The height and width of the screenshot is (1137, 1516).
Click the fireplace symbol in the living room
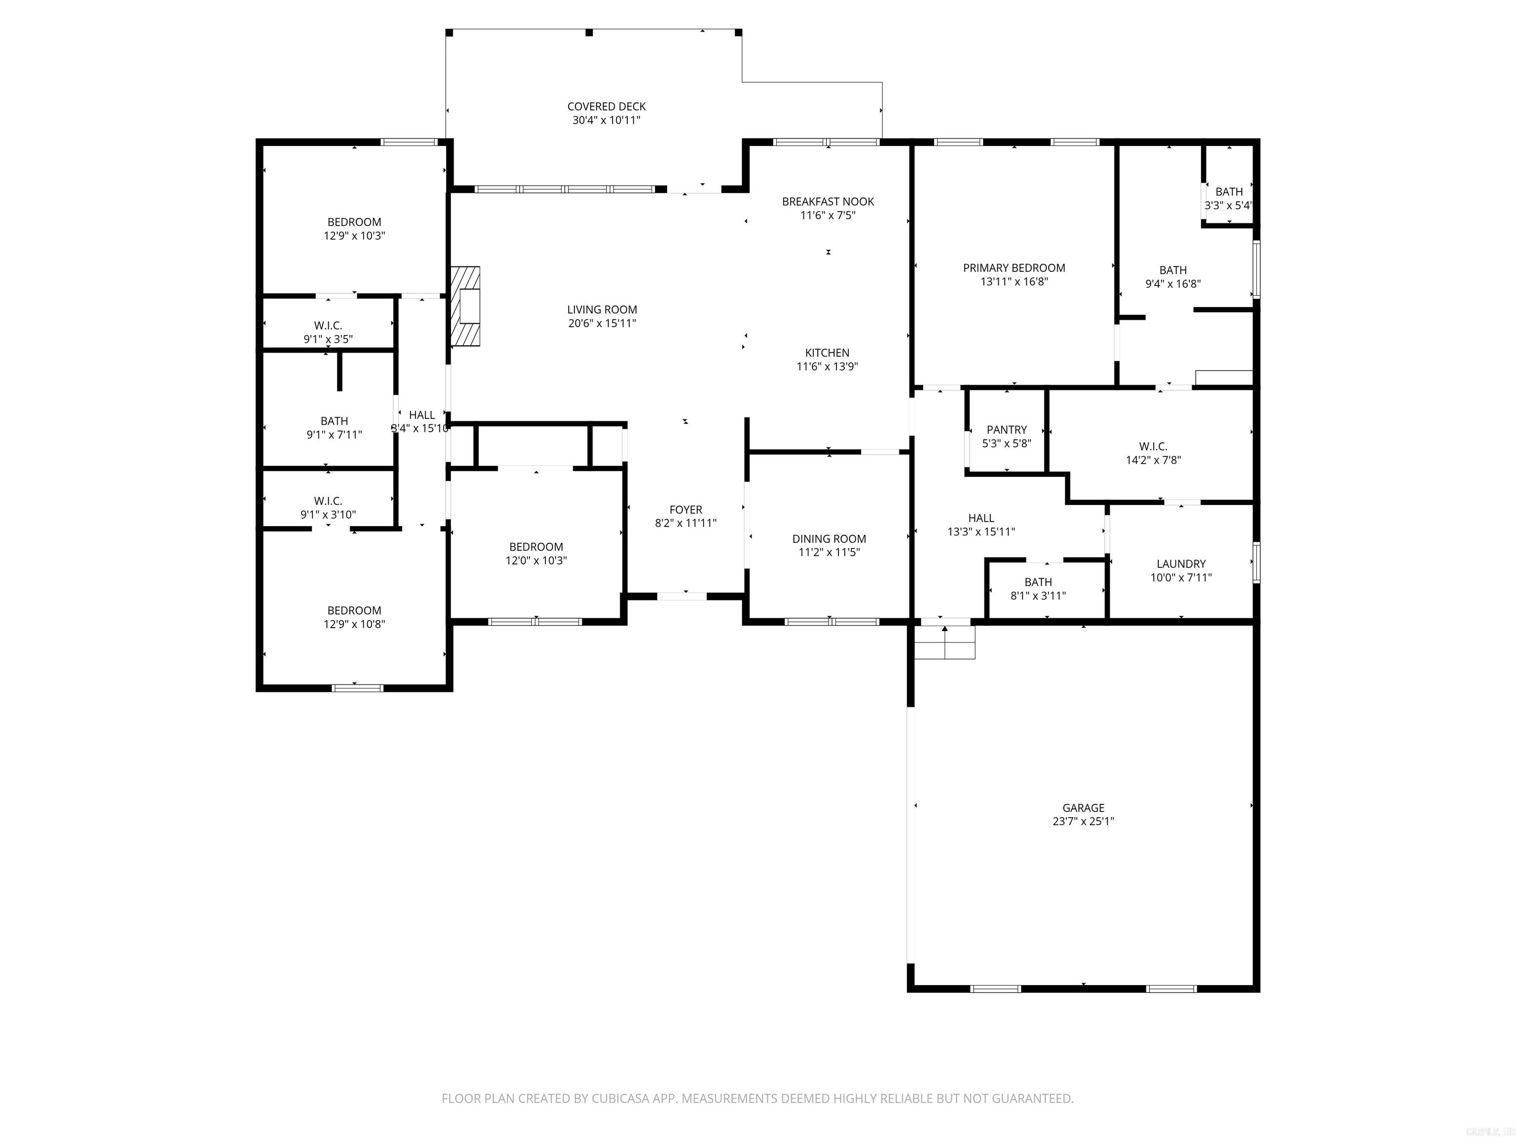point(466,306)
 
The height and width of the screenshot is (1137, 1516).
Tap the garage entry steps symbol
point(945,642)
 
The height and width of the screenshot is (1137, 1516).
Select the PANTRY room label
point(1006,430)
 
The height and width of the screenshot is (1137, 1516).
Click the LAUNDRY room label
point(1181,564)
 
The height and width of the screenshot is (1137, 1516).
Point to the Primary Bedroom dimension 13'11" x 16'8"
point(1014,282)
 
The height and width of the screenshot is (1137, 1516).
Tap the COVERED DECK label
point(606,106)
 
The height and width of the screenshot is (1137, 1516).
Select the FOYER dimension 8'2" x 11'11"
point(685,523)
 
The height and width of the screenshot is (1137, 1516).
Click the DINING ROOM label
point(829,539)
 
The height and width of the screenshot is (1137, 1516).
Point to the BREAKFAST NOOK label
point(828,201)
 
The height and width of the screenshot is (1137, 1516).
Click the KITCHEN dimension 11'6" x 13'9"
point(827,367)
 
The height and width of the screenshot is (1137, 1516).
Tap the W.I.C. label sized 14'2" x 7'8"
point(1153,447)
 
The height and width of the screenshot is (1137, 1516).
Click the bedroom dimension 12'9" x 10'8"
point(354,624)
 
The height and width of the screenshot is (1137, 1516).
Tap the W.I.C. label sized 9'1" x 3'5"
point(328,326)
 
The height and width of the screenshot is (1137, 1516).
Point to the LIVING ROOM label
point(602,310)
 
